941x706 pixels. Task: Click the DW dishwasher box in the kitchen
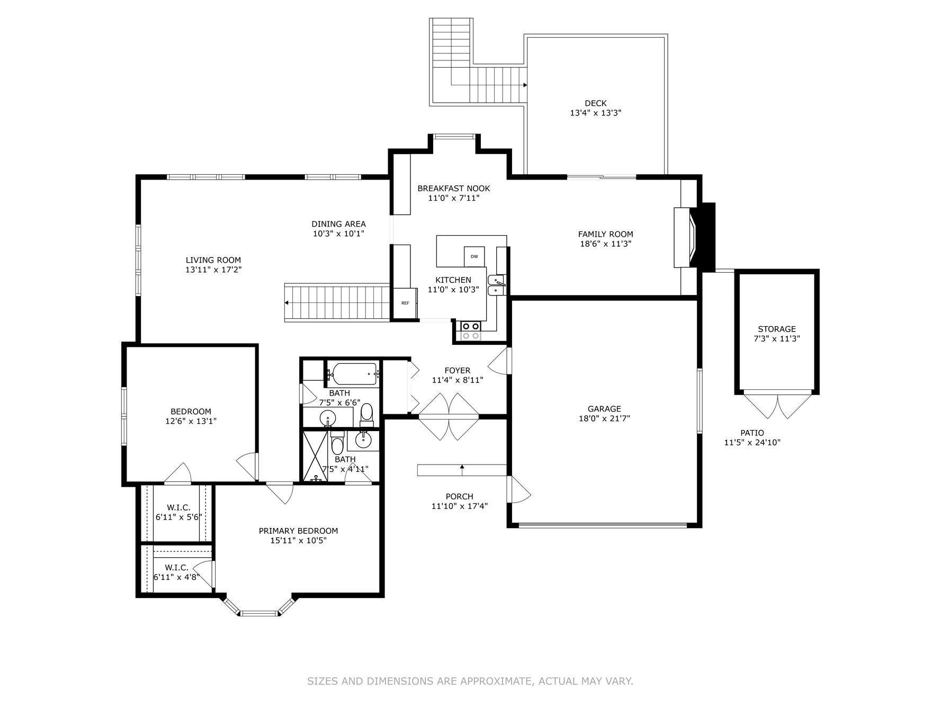474,256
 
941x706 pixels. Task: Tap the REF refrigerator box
405,303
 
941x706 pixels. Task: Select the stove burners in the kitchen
470,331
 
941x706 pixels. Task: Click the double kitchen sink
496,284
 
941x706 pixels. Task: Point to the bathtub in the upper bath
353,374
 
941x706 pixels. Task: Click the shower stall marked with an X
315,456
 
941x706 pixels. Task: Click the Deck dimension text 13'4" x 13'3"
595,113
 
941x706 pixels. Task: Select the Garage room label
604,408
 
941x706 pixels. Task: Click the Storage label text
776,329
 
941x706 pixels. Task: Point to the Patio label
752,433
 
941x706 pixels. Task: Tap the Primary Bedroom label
298,531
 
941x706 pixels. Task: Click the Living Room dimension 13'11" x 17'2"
213,270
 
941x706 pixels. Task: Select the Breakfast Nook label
453,188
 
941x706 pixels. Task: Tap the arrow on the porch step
462,467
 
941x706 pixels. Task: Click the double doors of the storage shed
777,405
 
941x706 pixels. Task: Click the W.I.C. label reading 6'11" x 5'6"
178,517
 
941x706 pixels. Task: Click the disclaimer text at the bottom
470,681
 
